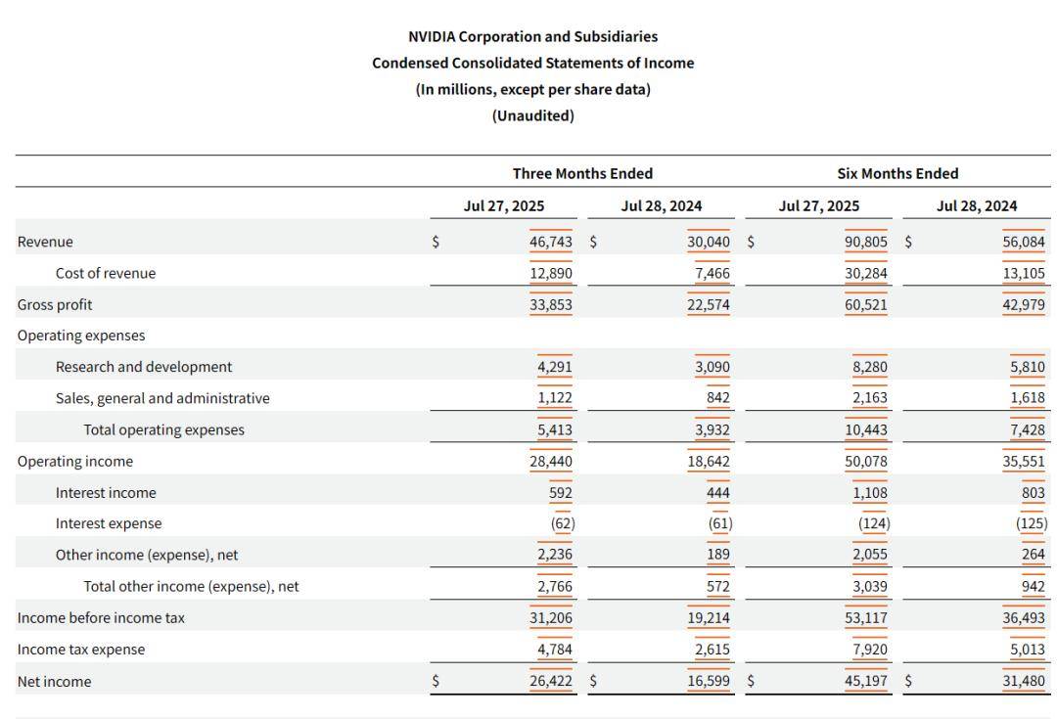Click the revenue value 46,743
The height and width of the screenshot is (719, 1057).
point(551,242)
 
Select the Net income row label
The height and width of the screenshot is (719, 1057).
point(54,682)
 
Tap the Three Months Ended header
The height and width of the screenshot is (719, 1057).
point(582,173)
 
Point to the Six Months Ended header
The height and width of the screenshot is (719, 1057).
point(897,173)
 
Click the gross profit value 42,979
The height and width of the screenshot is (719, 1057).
point(1024,304)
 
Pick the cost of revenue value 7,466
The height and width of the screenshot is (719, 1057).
point(712,273)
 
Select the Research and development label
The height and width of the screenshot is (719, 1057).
point(144,367)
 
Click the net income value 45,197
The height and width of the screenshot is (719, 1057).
point(866,681)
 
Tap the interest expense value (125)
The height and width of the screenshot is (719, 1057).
point(1032,523)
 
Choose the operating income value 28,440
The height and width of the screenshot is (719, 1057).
point(551,461)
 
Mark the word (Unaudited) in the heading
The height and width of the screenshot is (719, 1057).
point(532,115)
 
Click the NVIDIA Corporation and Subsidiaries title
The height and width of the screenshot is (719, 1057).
point(532,36)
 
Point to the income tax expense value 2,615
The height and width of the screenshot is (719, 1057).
point(712,650)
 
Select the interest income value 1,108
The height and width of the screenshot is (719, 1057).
point(868,492)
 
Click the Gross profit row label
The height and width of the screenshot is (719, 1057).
point(55,304)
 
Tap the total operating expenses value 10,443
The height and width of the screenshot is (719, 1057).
point(866,429)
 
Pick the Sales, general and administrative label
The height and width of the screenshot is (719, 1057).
point(162,398)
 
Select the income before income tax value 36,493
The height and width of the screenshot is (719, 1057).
point(1024,618)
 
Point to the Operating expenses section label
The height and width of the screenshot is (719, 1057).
point(81,336)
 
